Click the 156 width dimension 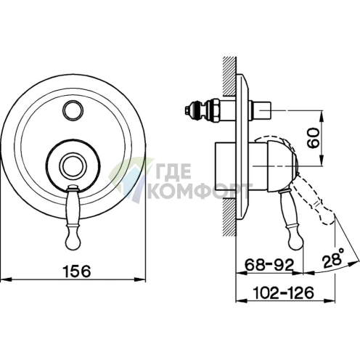tap(77, 271)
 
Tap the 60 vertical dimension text tap(313, 138)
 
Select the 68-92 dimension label tap(269, 265)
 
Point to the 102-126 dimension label tap(283, 292)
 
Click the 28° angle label tap(333, 258)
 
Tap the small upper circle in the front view tap(73, 111)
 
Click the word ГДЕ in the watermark tap(171, 171)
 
